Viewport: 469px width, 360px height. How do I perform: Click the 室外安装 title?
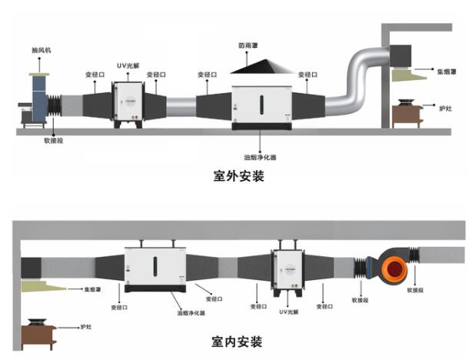click(x=238, y=176)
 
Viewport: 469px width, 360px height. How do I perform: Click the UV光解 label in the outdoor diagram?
click(x=127, y=67)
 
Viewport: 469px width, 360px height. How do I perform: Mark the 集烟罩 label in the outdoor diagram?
click(x=447, y=72)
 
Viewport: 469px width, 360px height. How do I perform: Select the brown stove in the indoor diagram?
click(x=39, y=334)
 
